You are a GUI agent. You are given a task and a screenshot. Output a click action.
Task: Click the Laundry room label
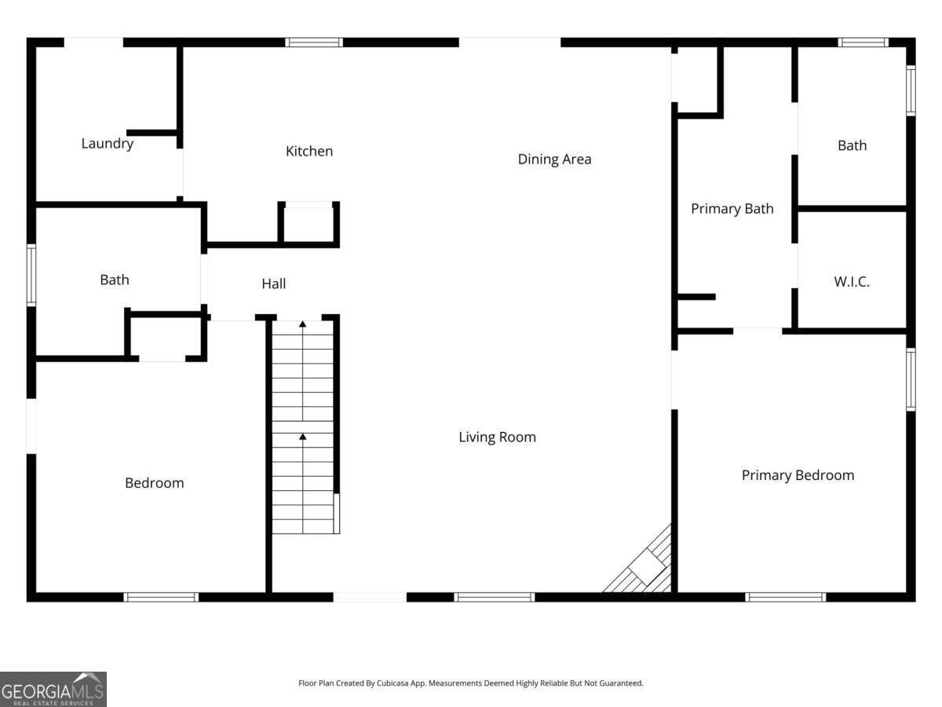108,144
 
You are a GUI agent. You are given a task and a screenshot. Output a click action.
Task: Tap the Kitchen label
309,151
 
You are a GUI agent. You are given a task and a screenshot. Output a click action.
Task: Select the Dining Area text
554,159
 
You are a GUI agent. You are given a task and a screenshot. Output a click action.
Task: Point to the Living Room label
498,437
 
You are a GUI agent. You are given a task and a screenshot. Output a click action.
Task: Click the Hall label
274,284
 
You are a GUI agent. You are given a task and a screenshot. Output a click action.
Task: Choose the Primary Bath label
732,209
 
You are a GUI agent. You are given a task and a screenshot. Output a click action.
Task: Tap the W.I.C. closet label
852,281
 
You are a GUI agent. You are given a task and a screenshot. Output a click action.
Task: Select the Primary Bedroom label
798,475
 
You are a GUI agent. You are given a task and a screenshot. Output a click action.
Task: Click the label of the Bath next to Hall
115,280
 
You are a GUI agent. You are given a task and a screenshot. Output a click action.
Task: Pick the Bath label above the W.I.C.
853,145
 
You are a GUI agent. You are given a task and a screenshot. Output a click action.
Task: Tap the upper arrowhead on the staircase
302,324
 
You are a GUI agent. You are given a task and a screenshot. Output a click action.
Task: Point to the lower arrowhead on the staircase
302,437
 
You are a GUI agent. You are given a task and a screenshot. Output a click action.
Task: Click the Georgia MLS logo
53,689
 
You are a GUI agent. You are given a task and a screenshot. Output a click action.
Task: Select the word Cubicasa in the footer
392,683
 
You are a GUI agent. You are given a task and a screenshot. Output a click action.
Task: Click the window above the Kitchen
314,42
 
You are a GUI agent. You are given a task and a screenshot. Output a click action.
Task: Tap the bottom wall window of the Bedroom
161,597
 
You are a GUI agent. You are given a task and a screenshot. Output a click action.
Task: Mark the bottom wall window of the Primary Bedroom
785,597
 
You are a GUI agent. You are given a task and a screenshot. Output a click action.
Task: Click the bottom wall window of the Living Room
495,597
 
